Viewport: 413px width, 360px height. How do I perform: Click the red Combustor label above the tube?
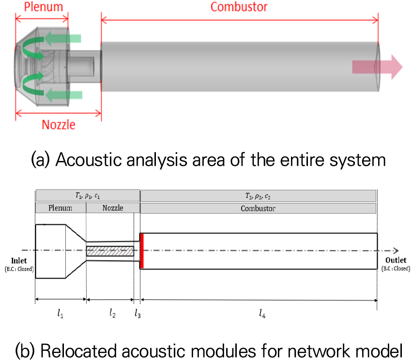(x=239, y=7)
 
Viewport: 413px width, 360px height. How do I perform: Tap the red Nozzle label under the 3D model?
(x=58, y=124)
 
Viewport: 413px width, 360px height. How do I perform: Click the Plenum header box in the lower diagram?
(x=61, y=208)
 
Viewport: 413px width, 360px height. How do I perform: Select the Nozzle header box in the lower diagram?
(x=113, y=208)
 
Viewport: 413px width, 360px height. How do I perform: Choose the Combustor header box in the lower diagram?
(x=258, y=208)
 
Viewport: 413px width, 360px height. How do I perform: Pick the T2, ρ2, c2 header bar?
(x=258, y=196)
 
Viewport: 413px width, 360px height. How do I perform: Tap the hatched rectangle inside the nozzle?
(x=110, y=251)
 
